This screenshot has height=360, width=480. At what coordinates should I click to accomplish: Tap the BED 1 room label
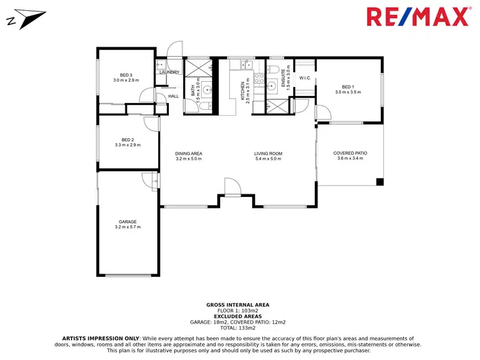pyautogui.click(x=348, y=87)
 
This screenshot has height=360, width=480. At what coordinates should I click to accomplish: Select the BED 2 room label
pyautogui.click(x=127, y=139)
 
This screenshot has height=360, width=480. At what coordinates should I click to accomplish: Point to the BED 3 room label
pyautogui.click(x=126, y=75)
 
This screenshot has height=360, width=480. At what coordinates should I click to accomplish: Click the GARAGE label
pyautogui.click(x=127, y=222)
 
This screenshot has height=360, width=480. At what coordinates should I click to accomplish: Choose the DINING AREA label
pyautogui.click(x=189, y=153)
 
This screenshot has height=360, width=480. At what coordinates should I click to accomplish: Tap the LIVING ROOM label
pyautogui.click(x=268, y=153)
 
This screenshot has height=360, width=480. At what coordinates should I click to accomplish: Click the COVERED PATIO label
pyautogui.click(x=350, y=153)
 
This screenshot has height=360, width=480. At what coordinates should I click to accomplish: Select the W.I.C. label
pyautogui.click(x=305, y=78)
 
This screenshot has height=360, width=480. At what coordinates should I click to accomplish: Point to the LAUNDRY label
pyautogui.click(x=170, y=72)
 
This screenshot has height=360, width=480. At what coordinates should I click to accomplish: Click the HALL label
pyautogui.click(x=173, y=97)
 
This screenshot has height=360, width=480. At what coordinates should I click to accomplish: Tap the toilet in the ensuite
pyautogui.click(x=272, y=68)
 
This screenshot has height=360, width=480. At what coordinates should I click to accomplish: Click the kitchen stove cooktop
pyautogui.click(x=259, y=79)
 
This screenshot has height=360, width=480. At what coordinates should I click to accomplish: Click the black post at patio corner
pyautogui.click(x=380, y=182)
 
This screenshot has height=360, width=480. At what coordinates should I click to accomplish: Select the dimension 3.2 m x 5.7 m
pyautogui.click(x=127, y=227)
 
